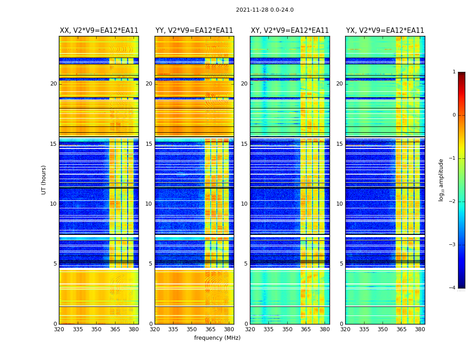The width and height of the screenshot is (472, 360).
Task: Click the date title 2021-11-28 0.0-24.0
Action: pos(264,10)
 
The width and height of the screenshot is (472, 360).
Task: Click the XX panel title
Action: pos(99,31)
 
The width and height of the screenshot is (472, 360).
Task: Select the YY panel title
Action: pos(194,31)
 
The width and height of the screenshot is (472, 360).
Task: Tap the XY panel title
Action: pos(289,31)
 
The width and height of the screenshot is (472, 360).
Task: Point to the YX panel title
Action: pos(385,31)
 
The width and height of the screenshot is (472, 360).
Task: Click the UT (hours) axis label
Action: pos(44,180)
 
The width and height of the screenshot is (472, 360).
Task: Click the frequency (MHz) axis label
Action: pos(217,338)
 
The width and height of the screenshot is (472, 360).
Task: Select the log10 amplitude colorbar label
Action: pos(441,180)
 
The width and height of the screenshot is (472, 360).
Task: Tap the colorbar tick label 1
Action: pos(454,72)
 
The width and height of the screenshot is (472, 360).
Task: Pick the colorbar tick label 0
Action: pos(454,115)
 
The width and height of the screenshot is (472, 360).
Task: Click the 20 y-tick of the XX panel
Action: pos(53,84)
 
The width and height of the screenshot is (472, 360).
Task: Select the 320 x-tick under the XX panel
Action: pos(59,329)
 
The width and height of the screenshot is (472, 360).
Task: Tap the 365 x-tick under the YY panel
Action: pos(210,329)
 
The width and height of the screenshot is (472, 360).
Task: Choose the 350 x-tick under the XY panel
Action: pos(287,329)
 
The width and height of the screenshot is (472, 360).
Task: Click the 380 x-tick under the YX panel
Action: pos(420,329)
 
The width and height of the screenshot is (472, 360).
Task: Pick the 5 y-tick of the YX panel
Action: pos(341,264)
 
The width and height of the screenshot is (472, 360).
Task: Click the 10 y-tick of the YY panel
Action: pos(149,204)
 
